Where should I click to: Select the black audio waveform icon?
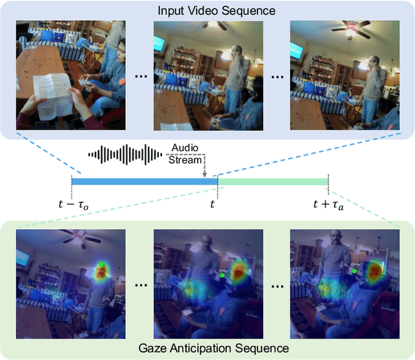click(x=125, y=154)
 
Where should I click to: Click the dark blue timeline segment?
click(x=143, y=182)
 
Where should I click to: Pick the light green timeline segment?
click(x=272, y=182)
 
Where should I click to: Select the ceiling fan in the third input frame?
click(x=353, y=30)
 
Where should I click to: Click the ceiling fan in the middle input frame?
click(x=214, y=26)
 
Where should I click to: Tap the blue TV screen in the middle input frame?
click(x=159, y=44)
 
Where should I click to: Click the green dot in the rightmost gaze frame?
click(x=355, y=270)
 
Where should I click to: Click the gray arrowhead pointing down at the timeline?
click(x=204, y=174)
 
